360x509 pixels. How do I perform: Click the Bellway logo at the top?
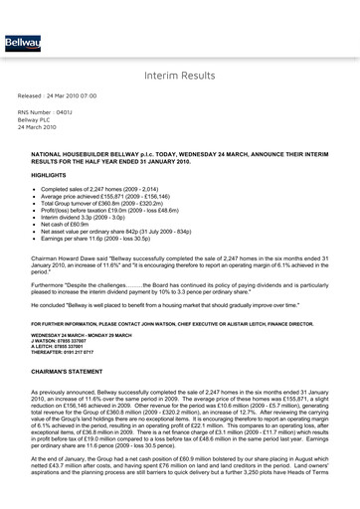click(18, 45)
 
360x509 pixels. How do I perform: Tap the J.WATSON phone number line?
click(62, 343)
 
